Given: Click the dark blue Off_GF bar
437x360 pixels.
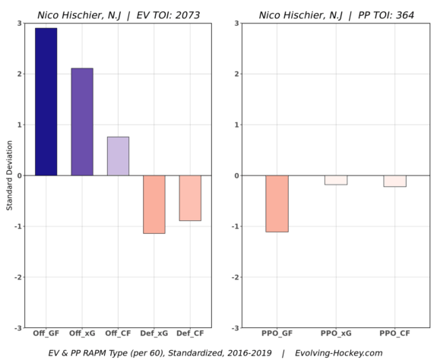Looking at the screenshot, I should click(x=46, y=102).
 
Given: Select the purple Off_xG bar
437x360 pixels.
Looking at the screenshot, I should click(x=82, y=122).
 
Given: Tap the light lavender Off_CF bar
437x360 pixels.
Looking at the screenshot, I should click(x=118, y=156).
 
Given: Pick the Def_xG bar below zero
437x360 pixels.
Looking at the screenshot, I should click(x=154, y=204).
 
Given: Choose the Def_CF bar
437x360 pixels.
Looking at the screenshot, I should click(x=190, y=198).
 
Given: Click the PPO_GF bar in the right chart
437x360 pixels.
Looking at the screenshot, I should click(x=277, y=204).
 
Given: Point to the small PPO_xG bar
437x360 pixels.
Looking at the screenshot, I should click(x=336, y=180).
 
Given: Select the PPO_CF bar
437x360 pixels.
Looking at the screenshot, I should click(x=394, y=181).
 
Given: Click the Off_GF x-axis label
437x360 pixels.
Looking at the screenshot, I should click(x=46, y=334).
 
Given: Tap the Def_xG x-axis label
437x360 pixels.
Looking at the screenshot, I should click(x=154, y=334).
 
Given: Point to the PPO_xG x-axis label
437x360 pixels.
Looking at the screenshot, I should click(x=336, y=334).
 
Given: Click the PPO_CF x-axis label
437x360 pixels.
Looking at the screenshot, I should click(x=394, y=334).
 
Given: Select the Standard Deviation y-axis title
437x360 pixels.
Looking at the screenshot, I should click(x=9, y=175).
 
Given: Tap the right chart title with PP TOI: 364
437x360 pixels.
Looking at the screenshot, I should click(x=336, y=14).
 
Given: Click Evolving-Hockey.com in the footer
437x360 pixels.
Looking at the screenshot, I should click(x=338, y=352).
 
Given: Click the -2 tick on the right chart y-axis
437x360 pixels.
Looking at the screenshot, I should click(x=236, y=277).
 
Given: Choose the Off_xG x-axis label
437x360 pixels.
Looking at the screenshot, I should click(x=82, y=334).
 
